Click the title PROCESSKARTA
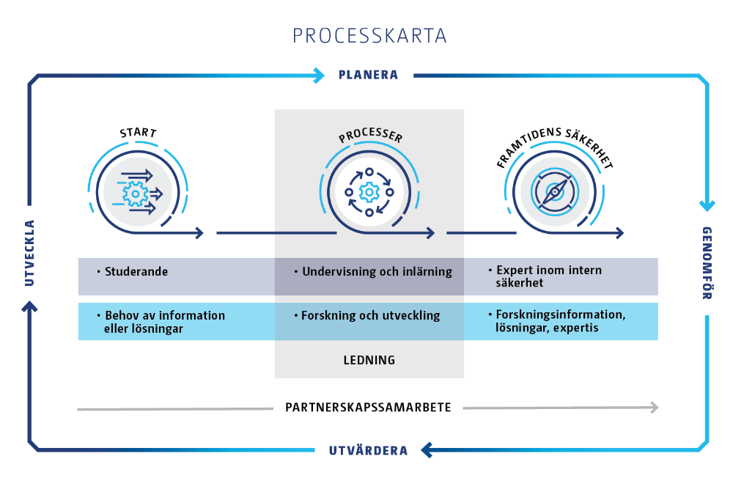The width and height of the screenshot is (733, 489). coord(369,36)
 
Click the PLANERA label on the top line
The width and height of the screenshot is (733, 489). coord(368,75)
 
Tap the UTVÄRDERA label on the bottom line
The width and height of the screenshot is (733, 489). coord(369,450)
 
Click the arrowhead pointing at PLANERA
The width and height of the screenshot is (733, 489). coord(318,75)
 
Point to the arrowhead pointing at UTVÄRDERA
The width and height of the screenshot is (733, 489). coord(424,449)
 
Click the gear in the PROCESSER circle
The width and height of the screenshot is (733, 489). coord(369,192)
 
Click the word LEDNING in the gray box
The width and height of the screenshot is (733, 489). coord(369,360)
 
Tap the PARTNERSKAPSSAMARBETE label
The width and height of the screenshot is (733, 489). coord(368,407)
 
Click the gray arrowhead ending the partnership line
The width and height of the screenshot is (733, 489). coord(654,408)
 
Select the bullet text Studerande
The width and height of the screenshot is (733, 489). coord(136,271)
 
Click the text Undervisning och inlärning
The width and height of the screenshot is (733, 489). coord(377,271)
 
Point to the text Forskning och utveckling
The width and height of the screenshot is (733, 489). coord(370,315)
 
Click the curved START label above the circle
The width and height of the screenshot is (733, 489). coord(138,133)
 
